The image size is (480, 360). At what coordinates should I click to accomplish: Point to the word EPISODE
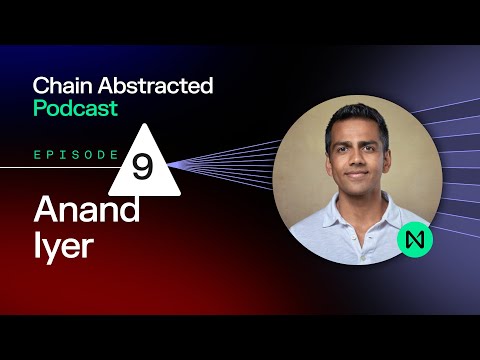(x=76, y=156)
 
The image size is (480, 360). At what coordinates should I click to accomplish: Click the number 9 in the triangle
(x=142, y=168)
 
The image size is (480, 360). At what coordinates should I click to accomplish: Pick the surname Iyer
(x=62, y=246)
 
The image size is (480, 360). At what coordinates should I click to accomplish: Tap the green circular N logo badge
(x=413, y=240)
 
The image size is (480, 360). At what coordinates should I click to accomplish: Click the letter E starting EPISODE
(x=37, y=156)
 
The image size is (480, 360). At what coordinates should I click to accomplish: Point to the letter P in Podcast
(x=39, y=107)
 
